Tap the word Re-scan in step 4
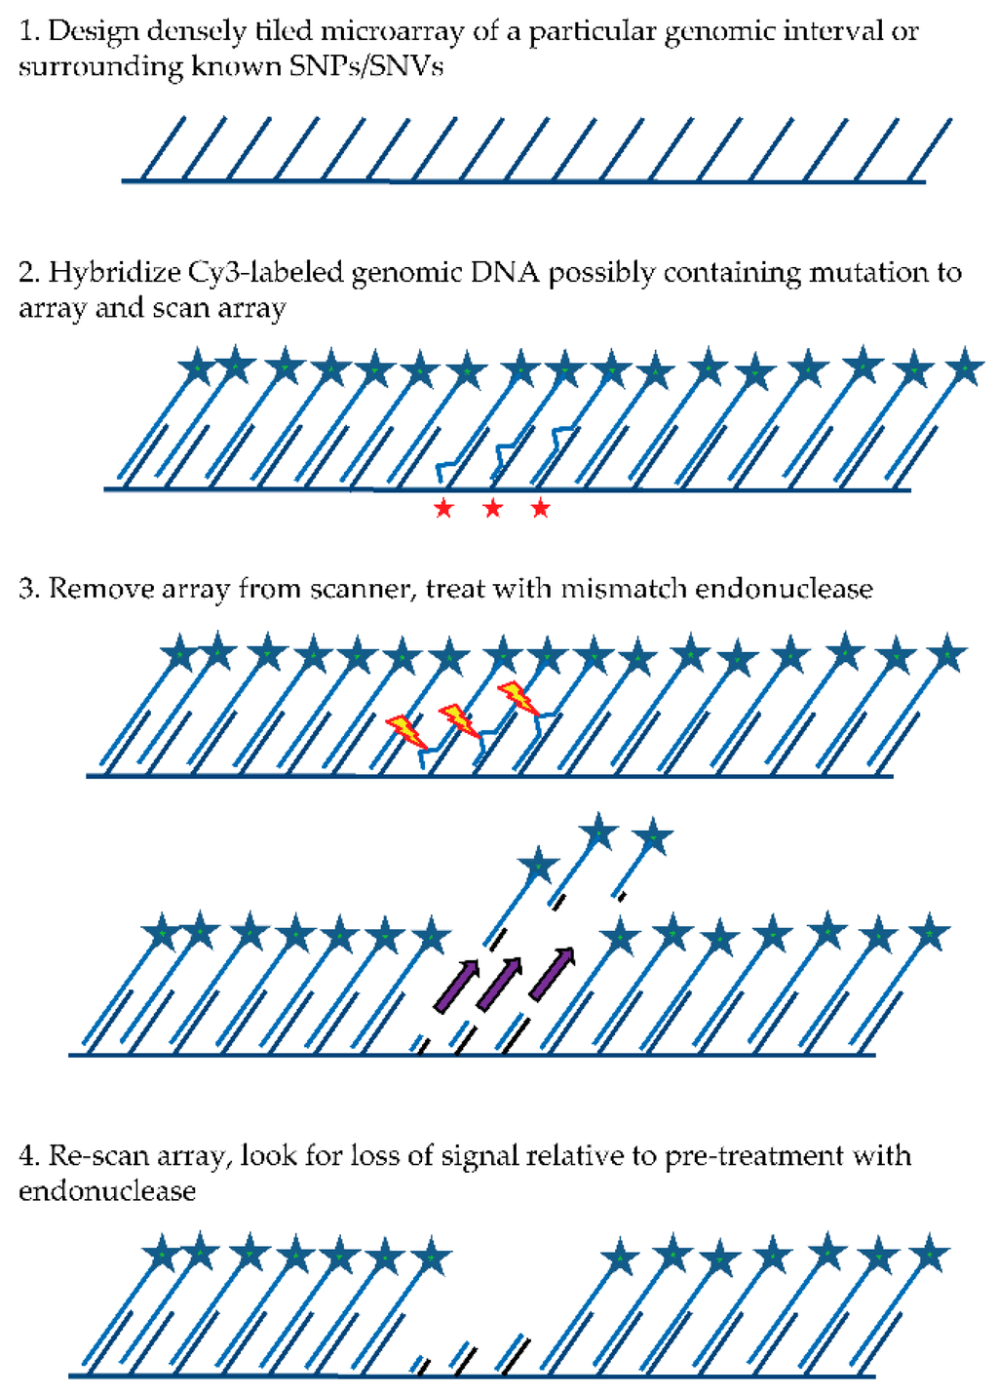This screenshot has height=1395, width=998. [x=94, y=1156]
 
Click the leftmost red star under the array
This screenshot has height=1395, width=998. [x=444, y=508]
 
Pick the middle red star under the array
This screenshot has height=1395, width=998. [x=493, y=508]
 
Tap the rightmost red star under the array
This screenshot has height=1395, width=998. [x=541, y=508]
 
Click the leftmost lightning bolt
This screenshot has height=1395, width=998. [x=407, y=731]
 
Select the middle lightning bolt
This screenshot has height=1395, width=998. [x=459, y=720]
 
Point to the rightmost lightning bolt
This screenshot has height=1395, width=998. [x=517, y=698]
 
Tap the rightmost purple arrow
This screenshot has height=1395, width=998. [x=552, y=972]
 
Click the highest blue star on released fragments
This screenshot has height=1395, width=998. [x=598, y=833]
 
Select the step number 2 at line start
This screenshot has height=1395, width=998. [x=26, y=273]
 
